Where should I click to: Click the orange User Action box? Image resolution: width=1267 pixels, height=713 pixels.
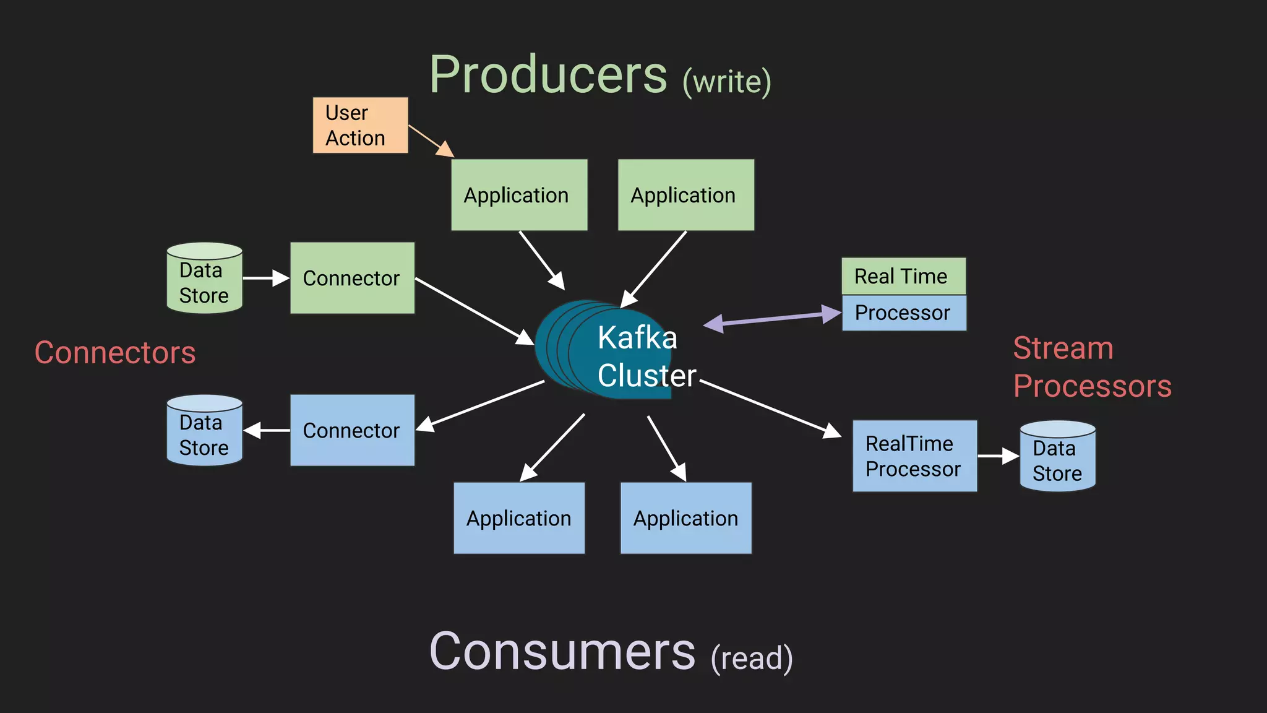(x=360, y=125)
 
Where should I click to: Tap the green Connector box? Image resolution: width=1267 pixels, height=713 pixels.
(x=352, y=278)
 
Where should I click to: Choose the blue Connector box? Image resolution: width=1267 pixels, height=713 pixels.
(x=352, y=430)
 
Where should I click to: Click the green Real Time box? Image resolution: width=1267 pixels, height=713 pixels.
(x=903, y=276)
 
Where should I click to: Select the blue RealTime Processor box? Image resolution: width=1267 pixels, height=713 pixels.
(x=914, y=456)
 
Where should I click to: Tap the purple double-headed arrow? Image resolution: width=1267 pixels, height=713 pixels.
(x=773, y=318)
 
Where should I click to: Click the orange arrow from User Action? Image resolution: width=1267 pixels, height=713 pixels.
(x=431, y=140)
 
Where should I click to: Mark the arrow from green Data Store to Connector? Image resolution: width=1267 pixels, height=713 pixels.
(x=266, y=279)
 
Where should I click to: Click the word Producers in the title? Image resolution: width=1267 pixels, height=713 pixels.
(x=548, y=75)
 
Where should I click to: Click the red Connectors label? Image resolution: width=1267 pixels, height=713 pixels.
(x=115, y=353)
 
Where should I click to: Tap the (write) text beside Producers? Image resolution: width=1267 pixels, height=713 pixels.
(x=727, y=82)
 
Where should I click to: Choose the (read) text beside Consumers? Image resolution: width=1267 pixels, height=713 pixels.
(x=752, y=658)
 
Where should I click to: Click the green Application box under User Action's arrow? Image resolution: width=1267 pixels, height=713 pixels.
(x=519, y=195)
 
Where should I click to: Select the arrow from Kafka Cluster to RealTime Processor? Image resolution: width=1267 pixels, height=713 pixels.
(x=770, y=408)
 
